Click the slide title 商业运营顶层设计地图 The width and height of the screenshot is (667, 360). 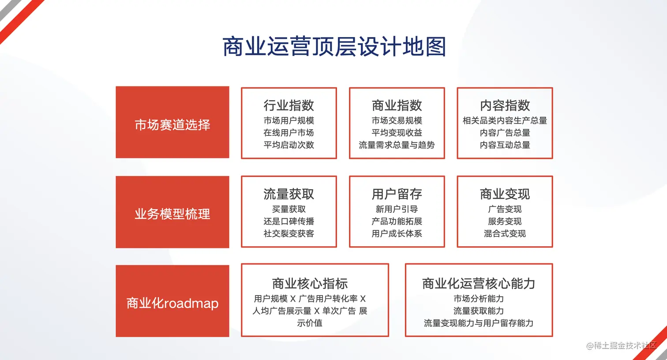[334, 46]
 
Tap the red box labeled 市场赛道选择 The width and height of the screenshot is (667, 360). [172, 122]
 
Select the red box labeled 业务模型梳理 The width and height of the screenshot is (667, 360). [172, 212]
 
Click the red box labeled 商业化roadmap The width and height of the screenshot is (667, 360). [172, 301]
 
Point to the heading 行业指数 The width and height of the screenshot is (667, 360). [289, 105]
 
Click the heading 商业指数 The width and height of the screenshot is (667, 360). [397, 105]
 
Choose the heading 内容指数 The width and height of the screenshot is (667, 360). [505, 105]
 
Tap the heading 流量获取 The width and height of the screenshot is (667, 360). [289, 194]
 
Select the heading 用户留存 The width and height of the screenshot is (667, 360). [397, 194]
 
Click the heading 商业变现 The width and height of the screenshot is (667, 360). [505, 194]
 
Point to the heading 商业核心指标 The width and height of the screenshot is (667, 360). [310, 284]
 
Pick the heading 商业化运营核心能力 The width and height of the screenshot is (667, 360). [479, 284]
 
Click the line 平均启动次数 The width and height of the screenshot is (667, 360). [289, 145]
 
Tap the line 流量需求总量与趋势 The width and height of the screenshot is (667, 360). [397, 145]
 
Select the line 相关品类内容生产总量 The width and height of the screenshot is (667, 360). [505, 120]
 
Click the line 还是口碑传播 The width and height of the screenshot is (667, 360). [289, 221]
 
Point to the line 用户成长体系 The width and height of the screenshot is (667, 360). [397, 234]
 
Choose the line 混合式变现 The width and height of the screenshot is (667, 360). [505, 234]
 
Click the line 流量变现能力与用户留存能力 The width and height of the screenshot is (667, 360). [479, 323]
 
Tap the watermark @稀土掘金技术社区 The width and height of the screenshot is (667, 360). [621, 345]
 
